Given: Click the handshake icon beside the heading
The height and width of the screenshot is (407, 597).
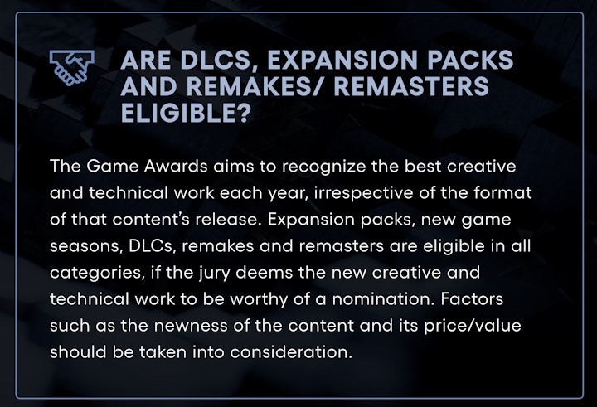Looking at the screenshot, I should click(72, 67).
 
